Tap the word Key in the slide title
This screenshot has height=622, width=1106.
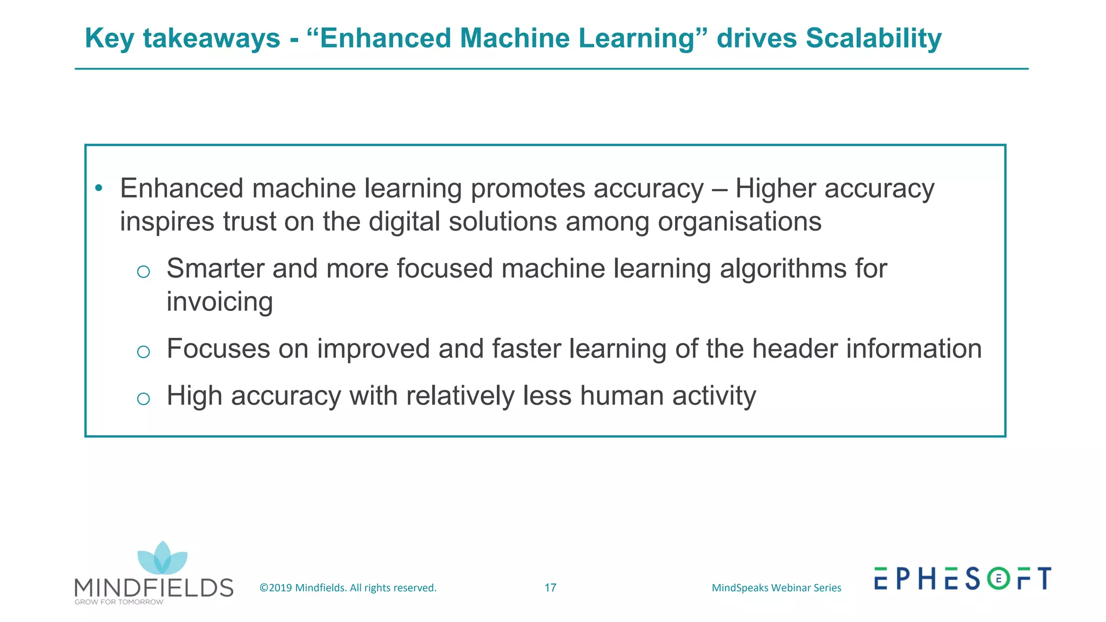[x=110, y=38]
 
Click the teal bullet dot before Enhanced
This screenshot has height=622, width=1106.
[x=98, y=188]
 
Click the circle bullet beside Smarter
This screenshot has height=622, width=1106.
[x=143, y=272]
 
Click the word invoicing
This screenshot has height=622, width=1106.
[x=219, y=302]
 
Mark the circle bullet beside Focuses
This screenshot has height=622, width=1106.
[x=143, y=352]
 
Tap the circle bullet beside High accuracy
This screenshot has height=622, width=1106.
[x=143, y=399]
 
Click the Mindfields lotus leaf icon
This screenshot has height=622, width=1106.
[x=162, y=559]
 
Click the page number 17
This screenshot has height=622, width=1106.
[x=550, y=588]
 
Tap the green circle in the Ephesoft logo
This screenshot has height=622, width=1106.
[x=999, y=579]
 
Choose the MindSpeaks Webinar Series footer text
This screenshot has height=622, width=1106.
[x=776, y=588]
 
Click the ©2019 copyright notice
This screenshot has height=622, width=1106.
[x=348, y=588]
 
